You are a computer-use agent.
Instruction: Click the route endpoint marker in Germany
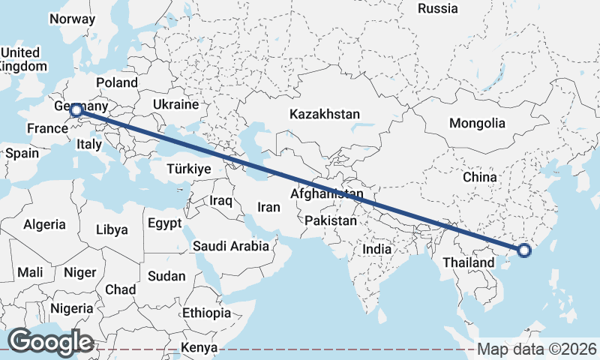[76, 111]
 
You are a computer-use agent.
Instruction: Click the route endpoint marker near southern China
[523, 250]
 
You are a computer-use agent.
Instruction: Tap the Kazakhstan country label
[325, 115]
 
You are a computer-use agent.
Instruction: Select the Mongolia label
[477, 123]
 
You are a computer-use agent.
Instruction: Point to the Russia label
[438, 9]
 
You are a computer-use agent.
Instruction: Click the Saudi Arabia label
[230, 246]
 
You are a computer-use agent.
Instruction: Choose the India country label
[376, 249]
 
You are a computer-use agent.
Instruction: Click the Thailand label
[468, 262]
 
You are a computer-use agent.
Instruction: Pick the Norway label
[71, 19]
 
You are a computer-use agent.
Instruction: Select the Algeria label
[44, 224]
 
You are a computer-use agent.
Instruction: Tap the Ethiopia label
[206, 313]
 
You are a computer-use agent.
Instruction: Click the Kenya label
[199, 348]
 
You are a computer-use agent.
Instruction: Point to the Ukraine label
[175, 104]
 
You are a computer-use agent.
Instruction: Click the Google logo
[50, 341]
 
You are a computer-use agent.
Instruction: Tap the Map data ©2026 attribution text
[537, 349]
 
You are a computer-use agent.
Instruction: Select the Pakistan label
[331, 221]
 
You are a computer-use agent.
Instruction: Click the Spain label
[22, 153]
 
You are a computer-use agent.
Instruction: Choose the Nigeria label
[73, 308]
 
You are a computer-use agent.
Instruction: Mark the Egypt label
[164, 223]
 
